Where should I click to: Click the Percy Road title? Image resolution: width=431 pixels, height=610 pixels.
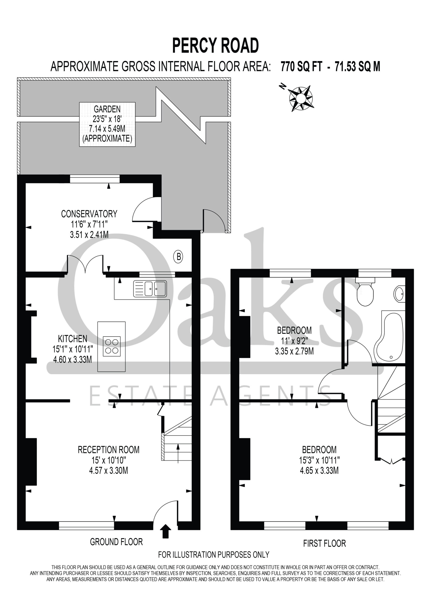tap(215, 46)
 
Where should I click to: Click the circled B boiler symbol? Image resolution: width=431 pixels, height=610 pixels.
tap(178, 257)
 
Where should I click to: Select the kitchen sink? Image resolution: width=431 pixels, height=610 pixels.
tap(150, 289)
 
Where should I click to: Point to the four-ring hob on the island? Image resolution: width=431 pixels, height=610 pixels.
tap(111, 346)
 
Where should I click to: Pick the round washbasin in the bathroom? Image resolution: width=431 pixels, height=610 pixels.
tap(399, 294)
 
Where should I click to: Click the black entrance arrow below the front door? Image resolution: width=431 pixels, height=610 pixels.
tap(165, 531)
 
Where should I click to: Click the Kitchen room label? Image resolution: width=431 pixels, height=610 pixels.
tap(72, 339)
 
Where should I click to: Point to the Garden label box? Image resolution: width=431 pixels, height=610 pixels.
tap(107, 124)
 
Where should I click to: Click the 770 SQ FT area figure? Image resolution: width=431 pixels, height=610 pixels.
tap(301, 66)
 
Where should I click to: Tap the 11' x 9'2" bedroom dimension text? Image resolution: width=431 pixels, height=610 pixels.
tap(295, 341)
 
